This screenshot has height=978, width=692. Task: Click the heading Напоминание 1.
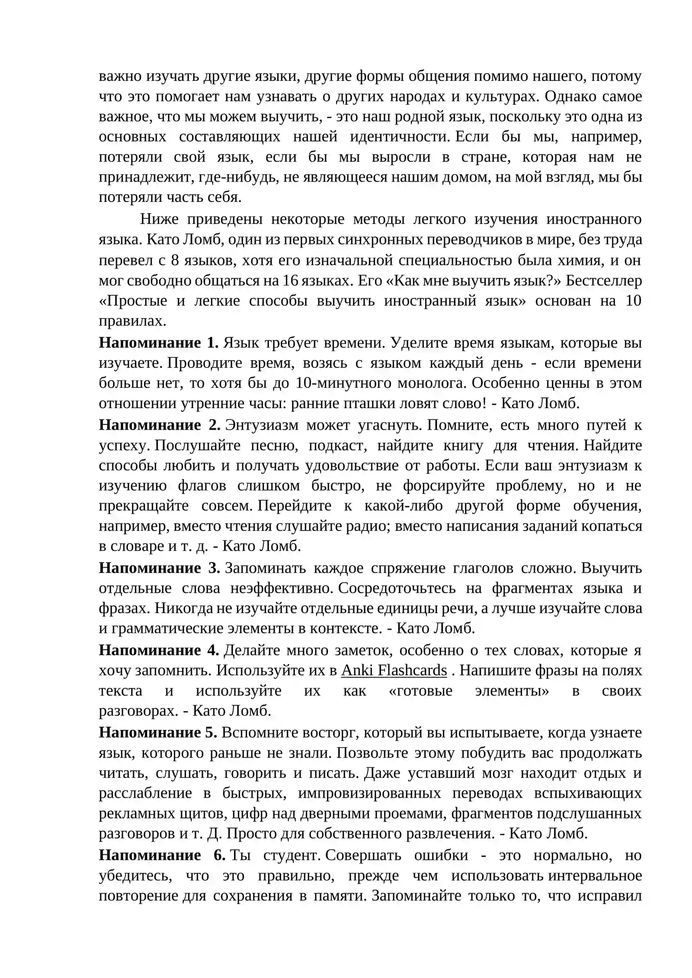(158, 342)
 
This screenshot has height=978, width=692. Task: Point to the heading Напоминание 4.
(159, 650)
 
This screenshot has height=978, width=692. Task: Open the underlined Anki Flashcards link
(394, 670)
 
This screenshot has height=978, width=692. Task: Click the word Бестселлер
(603, 280)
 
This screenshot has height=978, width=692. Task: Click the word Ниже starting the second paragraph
(159, 219)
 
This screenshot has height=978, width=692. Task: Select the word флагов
(202, 486)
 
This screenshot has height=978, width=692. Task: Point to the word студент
(292, 855)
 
